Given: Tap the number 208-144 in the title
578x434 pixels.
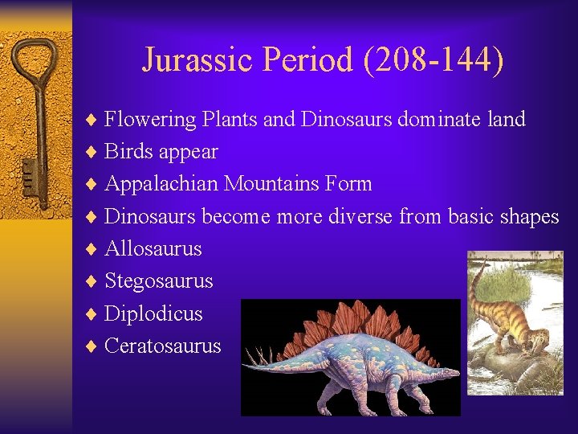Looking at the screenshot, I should [x=434, y=59].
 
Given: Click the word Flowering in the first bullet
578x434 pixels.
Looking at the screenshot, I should [x=150, y=120].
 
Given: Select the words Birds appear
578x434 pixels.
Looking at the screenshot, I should [x=161, y=152].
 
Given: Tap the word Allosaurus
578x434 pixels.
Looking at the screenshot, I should [x=153, y=248].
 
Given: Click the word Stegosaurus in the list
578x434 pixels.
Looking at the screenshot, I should [x=159, y=281].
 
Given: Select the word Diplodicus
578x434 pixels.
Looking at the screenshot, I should [x=153, y=313].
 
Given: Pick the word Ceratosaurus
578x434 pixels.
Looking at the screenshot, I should [x=163, y=346].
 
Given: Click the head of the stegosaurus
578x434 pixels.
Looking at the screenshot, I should [x=449, y=374].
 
